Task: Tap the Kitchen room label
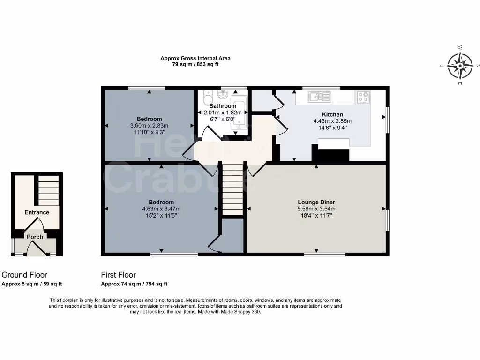332,114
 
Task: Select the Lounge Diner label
316,202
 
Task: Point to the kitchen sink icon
319,97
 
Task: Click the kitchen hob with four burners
363,97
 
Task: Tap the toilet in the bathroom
207,99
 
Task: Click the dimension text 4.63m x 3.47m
161,209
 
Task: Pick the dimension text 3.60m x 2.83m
149,126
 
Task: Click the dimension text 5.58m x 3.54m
316,209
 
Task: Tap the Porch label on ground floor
34,237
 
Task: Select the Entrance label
37,212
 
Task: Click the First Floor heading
119,275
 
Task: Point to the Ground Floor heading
24,275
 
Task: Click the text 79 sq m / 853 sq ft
195,64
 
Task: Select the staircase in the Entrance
49,190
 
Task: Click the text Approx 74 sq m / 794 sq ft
134,284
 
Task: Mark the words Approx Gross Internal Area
195,58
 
